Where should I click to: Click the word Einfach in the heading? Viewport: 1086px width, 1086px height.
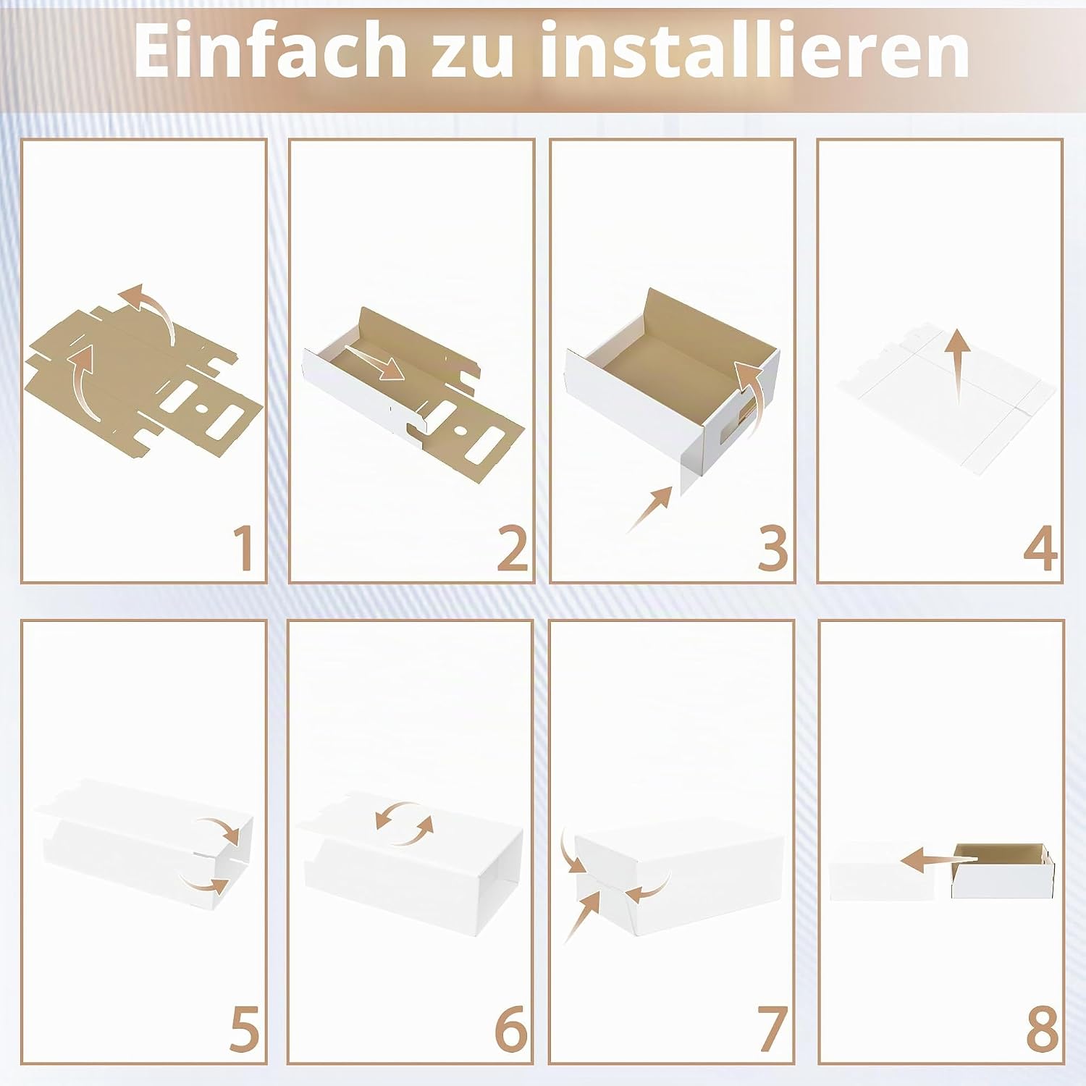click(269, 50)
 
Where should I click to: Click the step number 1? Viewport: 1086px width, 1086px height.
click(244, 549)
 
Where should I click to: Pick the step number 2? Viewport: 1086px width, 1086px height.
click(513, 549)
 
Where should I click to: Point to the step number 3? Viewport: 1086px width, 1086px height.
click(773, 549)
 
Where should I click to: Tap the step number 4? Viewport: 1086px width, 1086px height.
click(1040, 549)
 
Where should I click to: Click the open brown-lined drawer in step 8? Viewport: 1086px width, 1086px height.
click(1003, 870)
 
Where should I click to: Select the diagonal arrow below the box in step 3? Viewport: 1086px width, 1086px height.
click(649, 510)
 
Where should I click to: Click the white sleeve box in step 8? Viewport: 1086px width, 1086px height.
click(890, 871)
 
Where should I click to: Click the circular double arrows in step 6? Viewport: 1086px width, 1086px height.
click(404, 824)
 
